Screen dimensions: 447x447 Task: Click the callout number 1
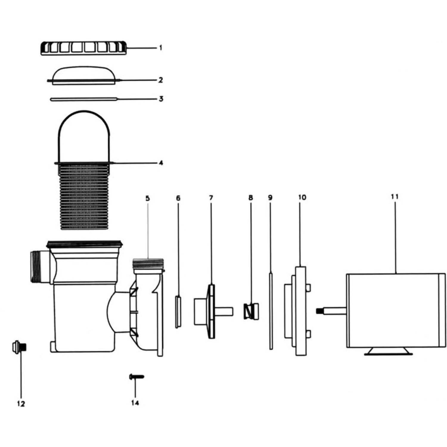click(x=160, y=48)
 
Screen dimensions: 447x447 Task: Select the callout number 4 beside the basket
click(x=161, y=163)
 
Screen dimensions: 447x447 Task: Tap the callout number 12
click(x=21, y=404)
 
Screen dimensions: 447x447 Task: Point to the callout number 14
click(x=135, y=403)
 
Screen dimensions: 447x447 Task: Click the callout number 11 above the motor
click(x=395, y=197)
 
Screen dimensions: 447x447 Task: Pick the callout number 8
click(x=251, y=198)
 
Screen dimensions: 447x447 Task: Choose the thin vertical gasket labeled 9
click(x=271, y=311)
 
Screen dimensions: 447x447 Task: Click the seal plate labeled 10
click(x=300, y=311)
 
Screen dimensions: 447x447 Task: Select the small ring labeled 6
click(x=178, y=311)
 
